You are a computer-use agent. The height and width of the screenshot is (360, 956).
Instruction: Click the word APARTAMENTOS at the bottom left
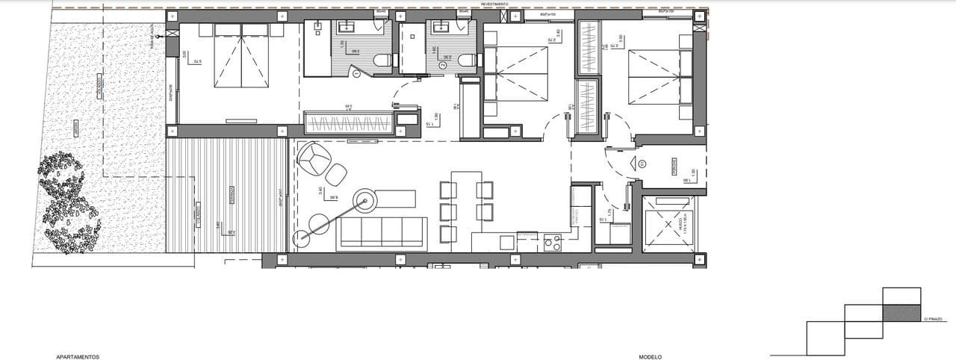pyautogui.click(x=78, y=357)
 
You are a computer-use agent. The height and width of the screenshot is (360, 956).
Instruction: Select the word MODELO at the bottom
pyautogui.click(x=649, y=357)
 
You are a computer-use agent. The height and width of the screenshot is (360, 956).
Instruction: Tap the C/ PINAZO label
pyautogui.click(x=933, y=319)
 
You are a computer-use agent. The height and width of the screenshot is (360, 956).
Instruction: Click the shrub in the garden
pyautogui.click(x=68, y=202)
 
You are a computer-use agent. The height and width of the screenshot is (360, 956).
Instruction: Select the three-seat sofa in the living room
pyautogui.click(x=383, y=232)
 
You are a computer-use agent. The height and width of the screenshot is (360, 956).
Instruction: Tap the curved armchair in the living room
pyautogui.click(x=314, y=157)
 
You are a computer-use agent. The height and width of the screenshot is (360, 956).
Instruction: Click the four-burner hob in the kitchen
pyautogui.click(x=554, y=242)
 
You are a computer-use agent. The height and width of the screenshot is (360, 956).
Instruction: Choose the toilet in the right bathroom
pyautogui.click(x=466, y=61)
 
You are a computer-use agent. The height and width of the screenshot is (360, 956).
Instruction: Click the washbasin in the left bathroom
pyautogui.click(x=349, y=28)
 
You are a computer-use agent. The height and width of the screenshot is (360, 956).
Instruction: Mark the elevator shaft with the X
pyautogui.click(x=668, y=224)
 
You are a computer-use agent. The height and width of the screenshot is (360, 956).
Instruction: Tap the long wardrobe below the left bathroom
pyautogui.click(x=348, y=124)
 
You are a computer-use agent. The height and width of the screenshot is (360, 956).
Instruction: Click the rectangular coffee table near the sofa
pyautogui.click(x=395, y=199)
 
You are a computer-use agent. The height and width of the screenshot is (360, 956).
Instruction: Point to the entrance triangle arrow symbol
pyautogui.click(x=641, y=164)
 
